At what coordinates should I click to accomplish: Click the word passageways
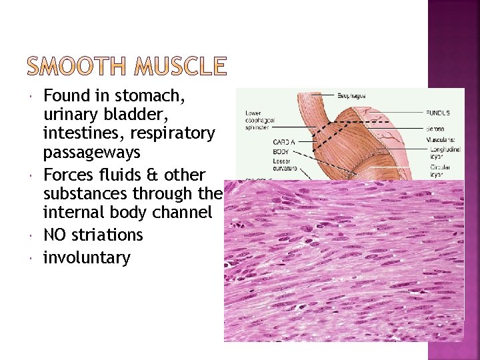tap(91, 153)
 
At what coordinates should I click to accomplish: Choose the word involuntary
tap(87, 257)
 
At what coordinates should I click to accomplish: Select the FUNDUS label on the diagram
tap(439, 113)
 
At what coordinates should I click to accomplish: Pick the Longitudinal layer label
tap(446, 154)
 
